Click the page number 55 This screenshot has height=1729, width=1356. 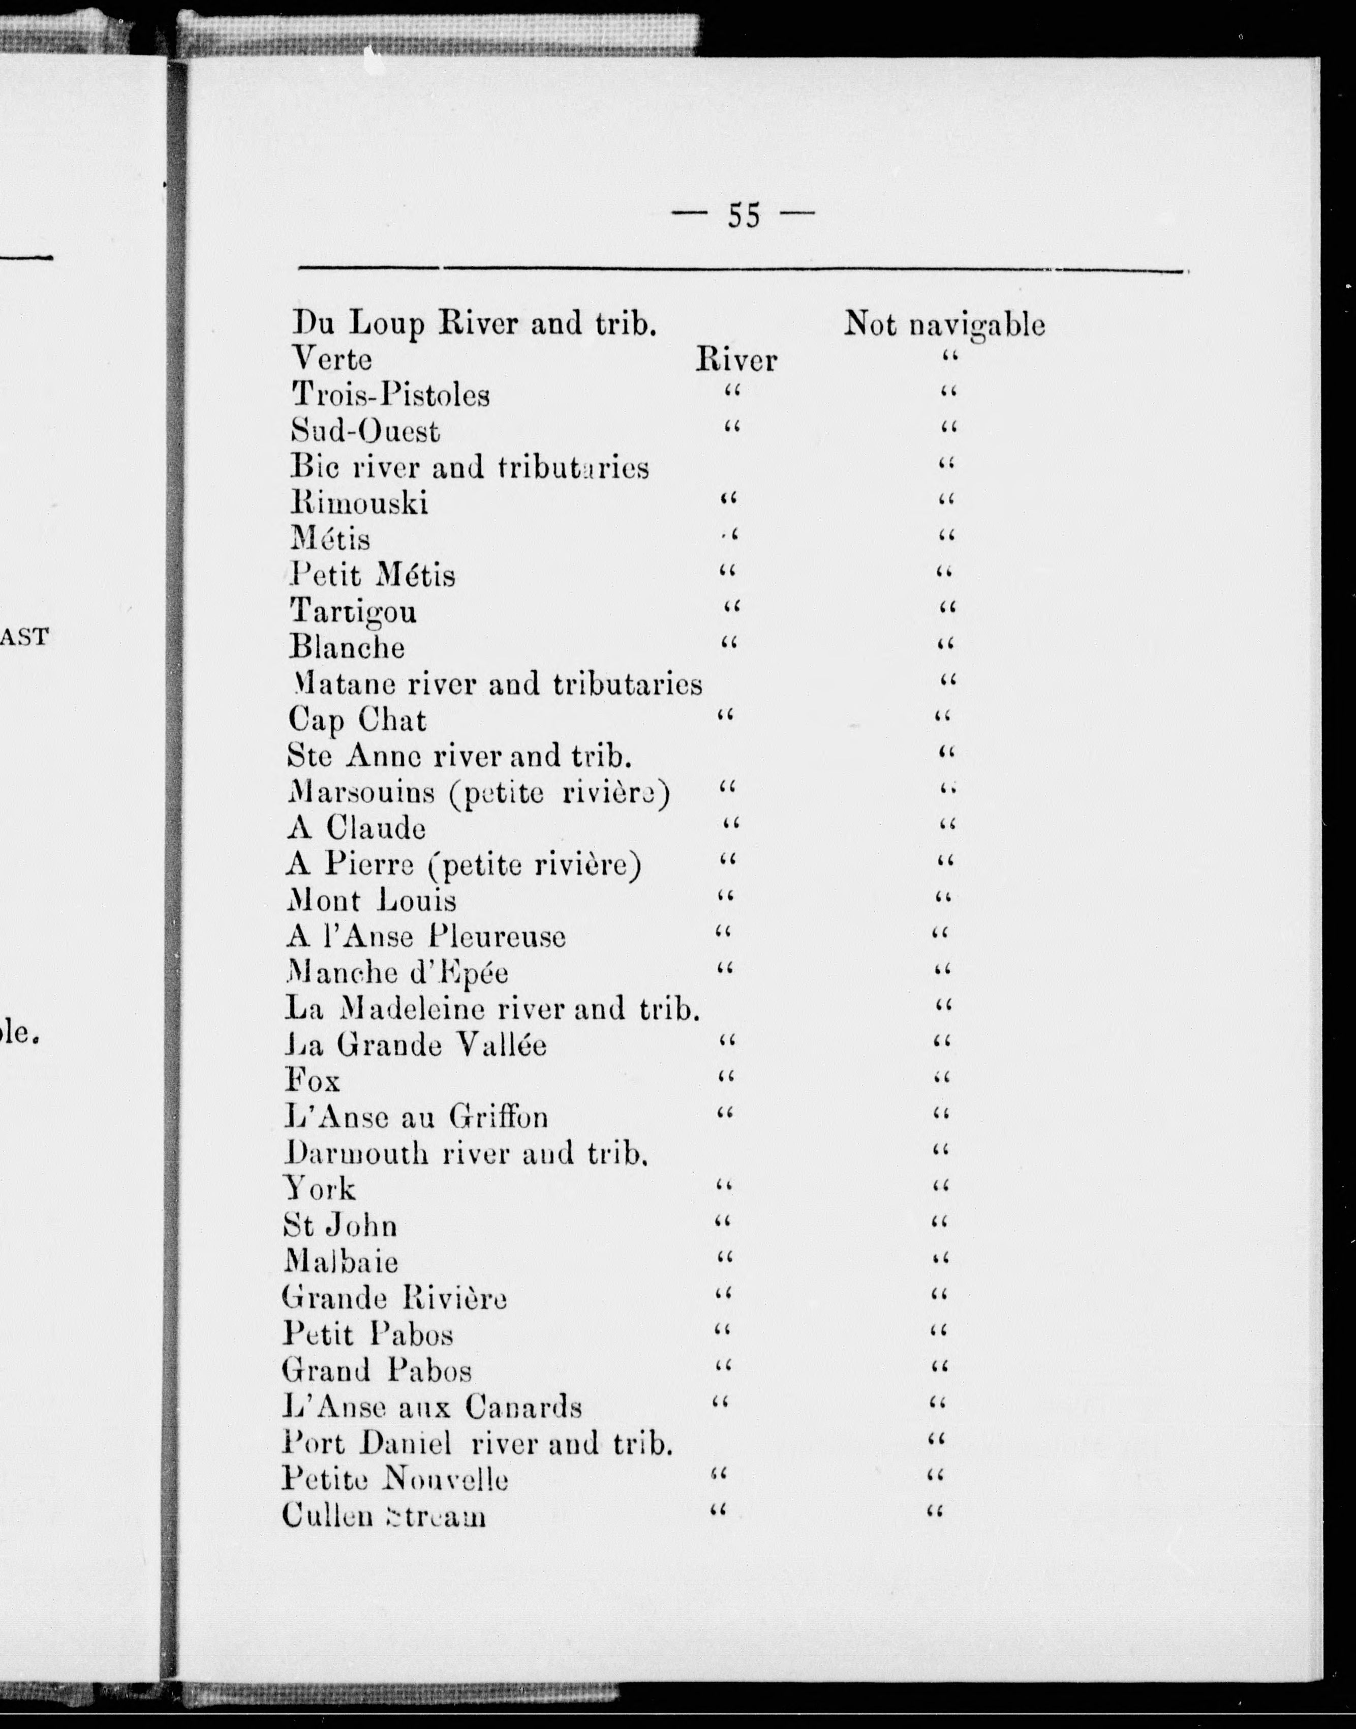744,215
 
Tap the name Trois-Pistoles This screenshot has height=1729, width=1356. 391,395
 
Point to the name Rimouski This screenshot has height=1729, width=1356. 359,503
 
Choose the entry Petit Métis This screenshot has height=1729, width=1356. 373,574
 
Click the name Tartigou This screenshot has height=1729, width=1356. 353,611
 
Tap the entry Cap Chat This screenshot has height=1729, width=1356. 356,720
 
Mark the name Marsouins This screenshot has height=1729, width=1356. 361,792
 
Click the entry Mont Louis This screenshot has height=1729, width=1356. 371,901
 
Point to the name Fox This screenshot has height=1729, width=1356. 312,1081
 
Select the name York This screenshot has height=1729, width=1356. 319,1189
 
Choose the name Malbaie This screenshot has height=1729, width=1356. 341,1261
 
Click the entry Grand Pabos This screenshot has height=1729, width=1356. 376,1370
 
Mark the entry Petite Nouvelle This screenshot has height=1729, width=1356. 394,1479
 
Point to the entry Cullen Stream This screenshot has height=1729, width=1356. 383,1515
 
